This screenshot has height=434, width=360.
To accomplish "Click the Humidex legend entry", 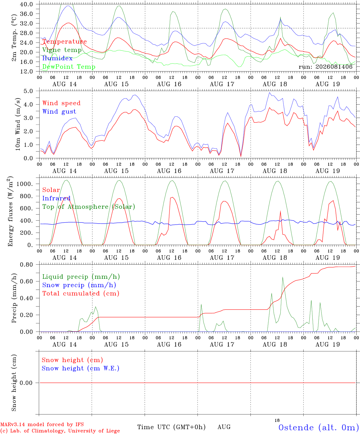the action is coord(57,58).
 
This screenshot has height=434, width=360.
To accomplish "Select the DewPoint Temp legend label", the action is coord(69,67).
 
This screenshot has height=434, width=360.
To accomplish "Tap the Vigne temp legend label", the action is coord(62,50).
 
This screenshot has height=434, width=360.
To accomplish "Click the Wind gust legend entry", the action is coord(59,112).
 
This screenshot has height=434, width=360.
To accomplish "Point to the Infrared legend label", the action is coord(56,198).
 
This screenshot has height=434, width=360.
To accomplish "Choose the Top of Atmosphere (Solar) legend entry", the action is coord(89,207).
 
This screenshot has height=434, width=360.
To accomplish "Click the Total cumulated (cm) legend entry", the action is coord(81,294).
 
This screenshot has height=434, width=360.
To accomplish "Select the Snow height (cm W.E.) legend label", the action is coord(81,368).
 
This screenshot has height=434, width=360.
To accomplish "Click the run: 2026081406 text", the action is coord(325,67).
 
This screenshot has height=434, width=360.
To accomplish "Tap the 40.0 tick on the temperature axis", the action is coord(26,4).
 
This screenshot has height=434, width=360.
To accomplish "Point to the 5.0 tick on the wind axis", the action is coord(28,91).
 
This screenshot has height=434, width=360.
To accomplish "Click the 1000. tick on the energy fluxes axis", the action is coord(24,184).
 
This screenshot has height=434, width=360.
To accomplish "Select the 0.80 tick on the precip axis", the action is coord(26,265).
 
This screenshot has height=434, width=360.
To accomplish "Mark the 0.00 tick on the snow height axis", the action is coord(26,383).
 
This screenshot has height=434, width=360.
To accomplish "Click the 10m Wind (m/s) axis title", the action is coord(18,124).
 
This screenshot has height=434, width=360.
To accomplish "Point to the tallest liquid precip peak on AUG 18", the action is coord(283,277).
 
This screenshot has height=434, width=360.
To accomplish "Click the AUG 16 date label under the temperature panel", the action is coord(169,84).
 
